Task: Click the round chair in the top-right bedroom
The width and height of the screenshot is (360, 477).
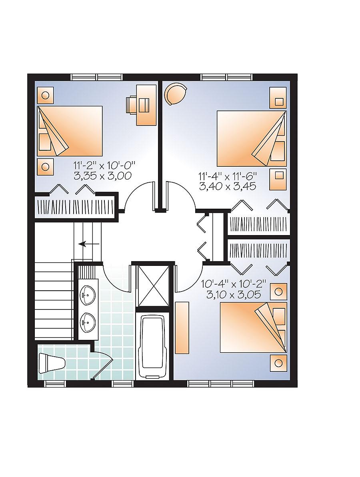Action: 176,94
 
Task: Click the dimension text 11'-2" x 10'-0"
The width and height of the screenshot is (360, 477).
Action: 105,165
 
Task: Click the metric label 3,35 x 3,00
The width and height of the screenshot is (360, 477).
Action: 103,175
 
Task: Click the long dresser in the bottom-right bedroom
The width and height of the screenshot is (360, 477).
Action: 182,328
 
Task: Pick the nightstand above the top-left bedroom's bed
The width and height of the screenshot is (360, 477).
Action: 45,96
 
